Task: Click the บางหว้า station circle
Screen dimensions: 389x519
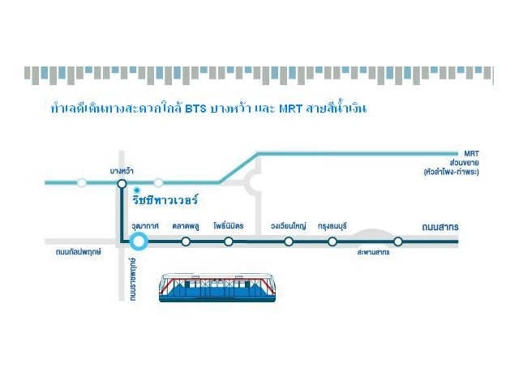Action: pyautogui.click(x=122, y=183)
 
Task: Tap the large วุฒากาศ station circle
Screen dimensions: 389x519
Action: pyautogui.click(x=139, y=241)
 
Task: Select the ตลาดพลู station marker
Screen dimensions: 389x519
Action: pyautogui.click(x=186, y=242)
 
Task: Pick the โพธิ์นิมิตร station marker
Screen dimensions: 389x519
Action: pyautogui.click(x=229, y=242)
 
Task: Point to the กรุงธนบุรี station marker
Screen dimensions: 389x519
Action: pyautogui.click(x=332, y=242)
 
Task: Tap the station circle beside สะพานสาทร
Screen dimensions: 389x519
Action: pyautogui.click(x=397, y=242)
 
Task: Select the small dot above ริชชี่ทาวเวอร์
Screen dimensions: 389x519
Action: pyautogui.click(x=137, y=190)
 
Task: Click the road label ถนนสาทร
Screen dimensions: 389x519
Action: pyautogui.click(x=440, y=226)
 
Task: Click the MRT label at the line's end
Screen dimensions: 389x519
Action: pyautogui.click(x=472, y=152)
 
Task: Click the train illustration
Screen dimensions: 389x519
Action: pyautogui.click(x=217, y=288)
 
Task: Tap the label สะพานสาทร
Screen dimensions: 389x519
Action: pyautogui.click(x=373, y=253)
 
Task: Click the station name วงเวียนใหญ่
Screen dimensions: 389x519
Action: pyautogui.click(x=289, y=226)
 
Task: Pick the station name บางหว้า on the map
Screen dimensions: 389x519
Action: pyautogui.click(x=122, y=170)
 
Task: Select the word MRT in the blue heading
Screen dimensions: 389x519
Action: pyautogui.click(x=290, y=109)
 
